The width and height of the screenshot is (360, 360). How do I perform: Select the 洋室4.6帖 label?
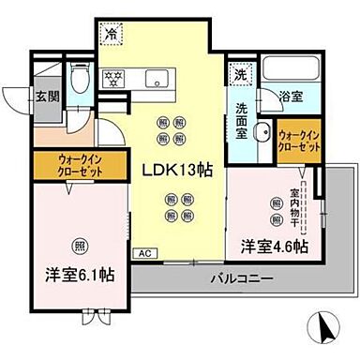pos(273,247)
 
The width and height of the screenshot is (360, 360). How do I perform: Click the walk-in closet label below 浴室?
pos(299,145)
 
